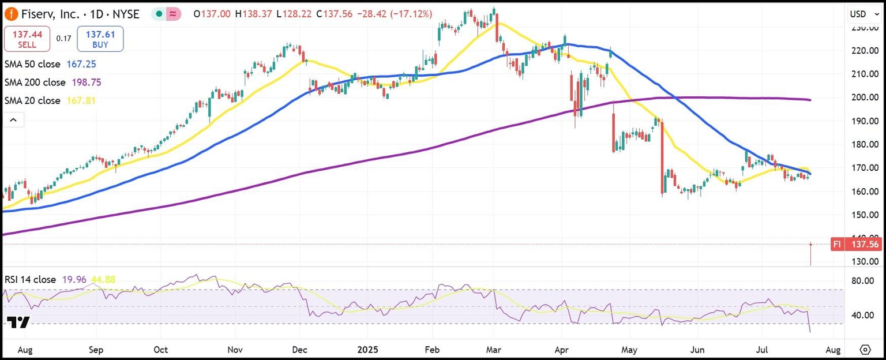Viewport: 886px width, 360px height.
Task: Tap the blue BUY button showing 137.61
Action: (100, 39)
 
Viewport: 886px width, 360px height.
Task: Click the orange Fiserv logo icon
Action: (11, 14)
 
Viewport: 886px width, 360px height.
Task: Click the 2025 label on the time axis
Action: (367, 350)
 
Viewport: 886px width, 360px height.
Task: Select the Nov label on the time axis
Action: (235, 350)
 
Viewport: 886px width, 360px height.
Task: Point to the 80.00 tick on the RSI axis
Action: (864, 281)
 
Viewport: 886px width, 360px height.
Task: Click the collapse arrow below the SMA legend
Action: (13, 120)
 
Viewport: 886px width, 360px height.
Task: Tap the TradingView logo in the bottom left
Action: (19, 322)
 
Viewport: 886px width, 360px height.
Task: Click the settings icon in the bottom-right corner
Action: (865, 350)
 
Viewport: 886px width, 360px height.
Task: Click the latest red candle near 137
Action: (810, 254)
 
